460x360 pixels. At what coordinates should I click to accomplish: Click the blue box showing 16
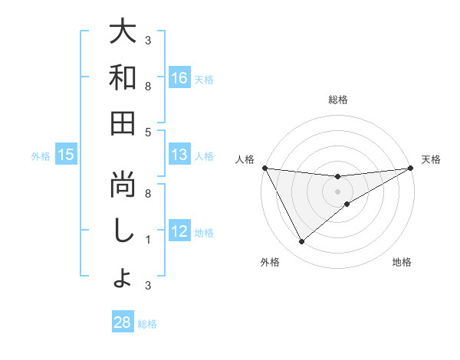(179, 77)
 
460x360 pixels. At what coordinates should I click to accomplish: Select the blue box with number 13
(179, 155)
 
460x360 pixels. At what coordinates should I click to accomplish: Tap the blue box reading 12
(179, 231)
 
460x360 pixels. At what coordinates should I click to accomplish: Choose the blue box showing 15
(66, 155)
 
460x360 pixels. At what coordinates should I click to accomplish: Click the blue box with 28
(122, 322)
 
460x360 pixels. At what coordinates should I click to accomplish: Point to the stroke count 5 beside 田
(147, 132)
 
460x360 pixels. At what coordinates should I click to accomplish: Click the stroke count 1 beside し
(147, 240)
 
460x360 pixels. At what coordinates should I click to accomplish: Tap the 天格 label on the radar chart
(431, 159)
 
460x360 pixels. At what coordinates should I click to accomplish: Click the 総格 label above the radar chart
(337, 100)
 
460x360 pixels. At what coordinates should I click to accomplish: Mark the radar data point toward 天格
(411, 169)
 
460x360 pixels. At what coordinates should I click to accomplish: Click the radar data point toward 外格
(301, 242)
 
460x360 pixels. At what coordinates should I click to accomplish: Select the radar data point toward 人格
(264, 169)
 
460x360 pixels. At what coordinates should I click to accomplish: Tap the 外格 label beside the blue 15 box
(41, 155)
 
